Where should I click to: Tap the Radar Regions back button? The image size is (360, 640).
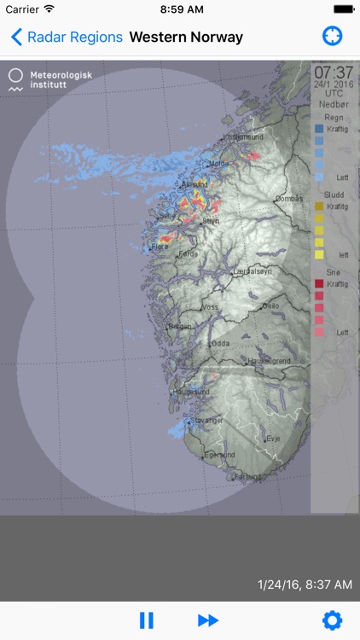67,37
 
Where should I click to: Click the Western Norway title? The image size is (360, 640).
186,37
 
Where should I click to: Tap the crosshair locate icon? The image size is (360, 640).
332,37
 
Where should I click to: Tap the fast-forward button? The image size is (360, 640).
207,620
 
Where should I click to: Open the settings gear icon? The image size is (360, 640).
332,620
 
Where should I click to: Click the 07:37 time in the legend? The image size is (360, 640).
333,73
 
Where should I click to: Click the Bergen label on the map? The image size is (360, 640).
180,327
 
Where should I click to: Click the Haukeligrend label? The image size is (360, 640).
269,361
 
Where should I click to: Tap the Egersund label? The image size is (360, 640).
220,455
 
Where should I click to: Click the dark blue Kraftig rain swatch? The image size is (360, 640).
319,129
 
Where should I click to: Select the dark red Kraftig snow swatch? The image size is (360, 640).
319,283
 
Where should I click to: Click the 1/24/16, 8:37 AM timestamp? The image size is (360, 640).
305,585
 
